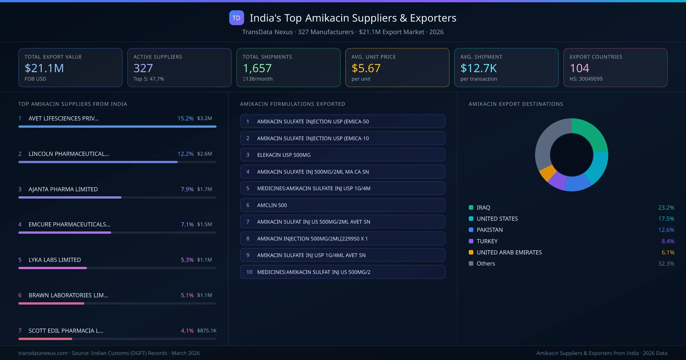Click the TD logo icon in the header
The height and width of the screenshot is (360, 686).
coord(236,18)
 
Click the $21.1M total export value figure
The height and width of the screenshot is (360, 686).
coord(44,68)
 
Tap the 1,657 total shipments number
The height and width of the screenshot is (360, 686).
coord(257,68)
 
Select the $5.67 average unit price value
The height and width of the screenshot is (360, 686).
coord(366,68)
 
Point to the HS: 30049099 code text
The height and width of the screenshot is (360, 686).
coord(586,79)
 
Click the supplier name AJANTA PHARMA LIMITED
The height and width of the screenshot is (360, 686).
coord(63,189)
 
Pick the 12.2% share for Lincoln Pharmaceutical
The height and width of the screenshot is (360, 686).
coord(185,154)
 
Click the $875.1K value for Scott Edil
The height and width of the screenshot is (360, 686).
coord(206,331)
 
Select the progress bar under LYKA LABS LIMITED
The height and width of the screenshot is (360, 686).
coord(53,268)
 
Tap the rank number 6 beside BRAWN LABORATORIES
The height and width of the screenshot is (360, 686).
coord(20,295)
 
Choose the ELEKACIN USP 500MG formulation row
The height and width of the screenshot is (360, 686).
coord(342,155)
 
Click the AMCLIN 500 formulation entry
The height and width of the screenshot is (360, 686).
coord(342,205)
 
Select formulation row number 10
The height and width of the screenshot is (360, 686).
coord(342,272)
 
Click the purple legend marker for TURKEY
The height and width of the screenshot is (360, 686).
coord(471,241)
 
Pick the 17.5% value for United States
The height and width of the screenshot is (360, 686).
coord(666,219)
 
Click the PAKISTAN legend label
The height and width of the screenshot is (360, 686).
coord(489,230)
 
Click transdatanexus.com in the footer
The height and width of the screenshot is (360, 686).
coord(43,353)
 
